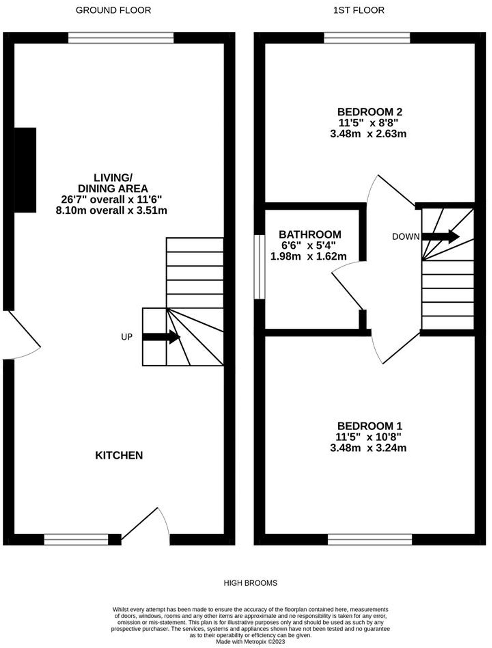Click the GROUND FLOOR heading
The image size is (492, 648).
click(x=113, y=10)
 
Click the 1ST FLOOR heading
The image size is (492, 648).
click(x=359, y=10)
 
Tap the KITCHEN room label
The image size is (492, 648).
click(x=119, y=455)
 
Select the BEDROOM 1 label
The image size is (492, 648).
click(x=370, y=426)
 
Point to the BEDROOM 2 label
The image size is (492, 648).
click(x=370, y=112)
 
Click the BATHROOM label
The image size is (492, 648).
click(x=310, y=235)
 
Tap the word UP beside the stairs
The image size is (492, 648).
click(x=127, y=337)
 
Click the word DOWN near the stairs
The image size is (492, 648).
click(x=405, y=237)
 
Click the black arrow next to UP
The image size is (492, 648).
click(x=161, y=337)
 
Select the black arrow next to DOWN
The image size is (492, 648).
click(x=441, y=237)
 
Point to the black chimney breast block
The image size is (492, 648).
click(x=25, y=170)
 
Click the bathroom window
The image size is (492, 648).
click(x=260, y=267)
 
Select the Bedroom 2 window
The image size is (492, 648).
click(x=367, y=38)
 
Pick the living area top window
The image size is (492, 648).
click(x=121, y=38)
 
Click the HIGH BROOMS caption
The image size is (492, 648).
click(x=250, y=583)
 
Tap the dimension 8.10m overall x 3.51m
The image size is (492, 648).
click(x=111, y=210)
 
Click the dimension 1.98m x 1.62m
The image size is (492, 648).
click(x=309, y=257)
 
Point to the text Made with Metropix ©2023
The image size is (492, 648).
click(x=250, y=642)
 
